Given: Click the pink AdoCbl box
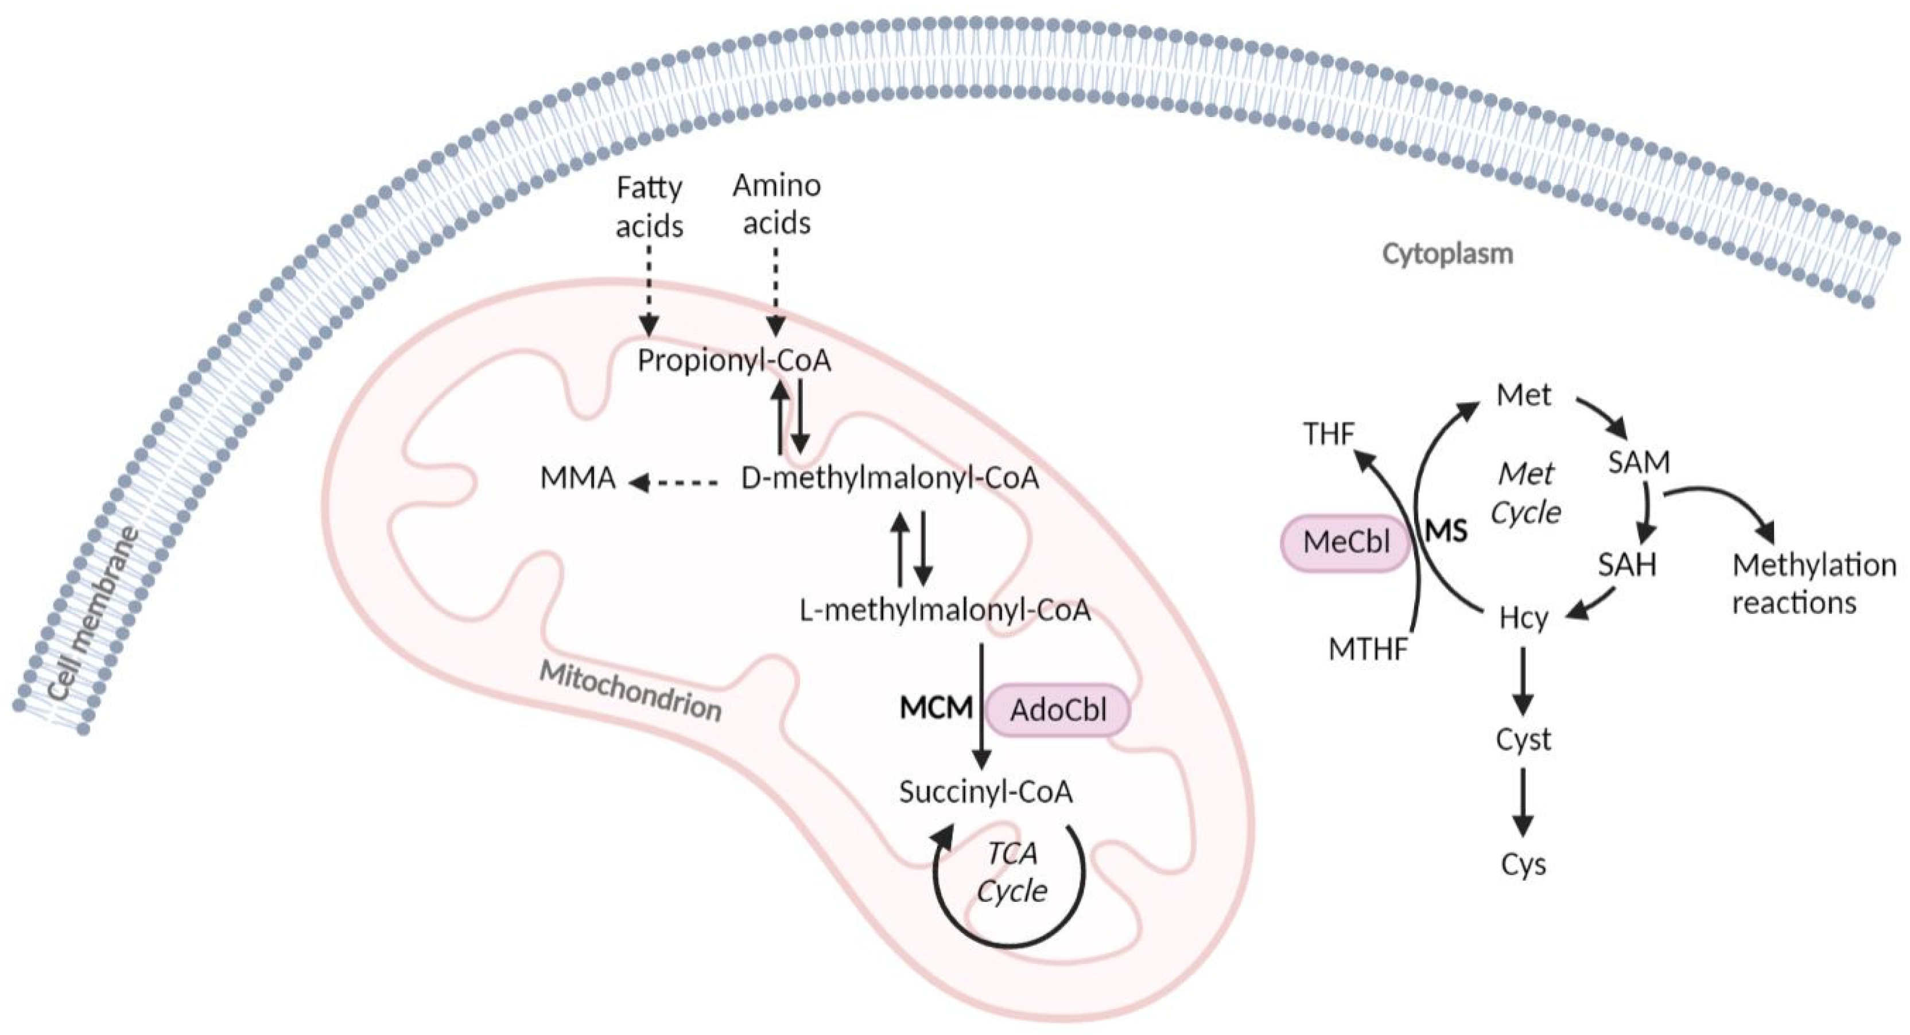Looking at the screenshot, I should coord(1058,710).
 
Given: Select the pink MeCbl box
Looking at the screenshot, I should coord(1346,542).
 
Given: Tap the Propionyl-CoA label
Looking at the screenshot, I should coord(734,361).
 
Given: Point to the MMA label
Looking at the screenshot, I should coord(577,478).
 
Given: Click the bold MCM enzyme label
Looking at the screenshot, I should coord(935,708).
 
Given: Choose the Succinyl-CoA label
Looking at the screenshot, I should coord(985,792).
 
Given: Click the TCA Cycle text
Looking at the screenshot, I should coord(1012,873).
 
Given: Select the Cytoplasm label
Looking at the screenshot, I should coord(1447,254).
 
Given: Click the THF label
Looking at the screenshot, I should coord(1329,434).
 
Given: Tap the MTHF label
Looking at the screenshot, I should coord(1368,649).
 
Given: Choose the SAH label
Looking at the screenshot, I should coord(1626,566).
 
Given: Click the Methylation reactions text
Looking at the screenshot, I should coord(1814,584).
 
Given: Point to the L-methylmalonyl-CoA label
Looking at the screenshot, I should coord(945,610).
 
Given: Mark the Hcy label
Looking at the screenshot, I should coord(1523,617).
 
